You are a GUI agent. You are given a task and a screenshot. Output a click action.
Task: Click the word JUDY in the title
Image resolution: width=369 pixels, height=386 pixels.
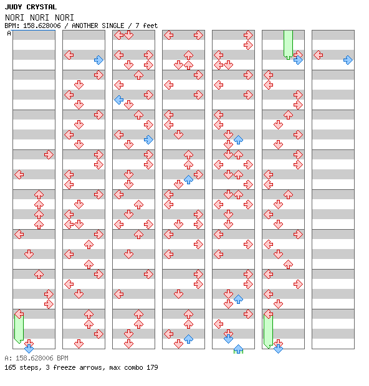click(13, 7)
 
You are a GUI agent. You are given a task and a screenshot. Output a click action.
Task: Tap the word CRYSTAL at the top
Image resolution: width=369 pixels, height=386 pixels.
click(41, 7)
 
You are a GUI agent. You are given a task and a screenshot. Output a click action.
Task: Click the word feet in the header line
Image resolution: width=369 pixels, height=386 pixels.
click(150, 26)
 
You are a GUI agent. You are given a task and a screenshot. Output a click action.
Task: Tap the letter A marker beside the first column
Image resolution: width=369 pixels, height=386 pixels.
click(9, 33)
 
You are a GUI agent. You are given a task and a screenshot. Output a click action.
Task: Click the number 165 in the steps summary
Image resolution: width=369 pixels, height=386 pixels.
click(10, 367)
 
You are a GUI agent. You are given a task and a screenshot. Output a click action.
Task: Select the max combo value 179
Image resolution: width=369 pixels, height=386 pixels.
click(152, 367)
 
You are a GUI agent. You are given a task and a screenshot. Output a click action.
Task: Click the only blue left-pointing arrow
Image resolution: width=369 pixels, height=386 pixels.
click(119, 100)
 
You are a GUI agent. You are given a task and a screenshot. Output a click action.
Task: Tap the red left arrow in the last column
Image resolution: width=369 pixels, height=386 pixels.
click(319, 55)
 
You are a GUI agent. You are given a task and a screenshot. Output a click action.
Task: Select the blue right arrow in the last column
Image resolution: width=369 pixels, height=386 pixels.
click(348, 60)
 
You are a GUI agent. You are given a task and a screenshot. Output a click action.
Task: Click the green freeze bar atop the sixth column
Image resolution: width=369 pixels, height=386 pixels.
click(288, 45)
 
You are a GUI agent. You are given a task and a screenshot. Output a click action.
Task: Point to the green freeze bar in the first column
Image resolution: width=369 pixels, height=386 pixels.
click(19, 328)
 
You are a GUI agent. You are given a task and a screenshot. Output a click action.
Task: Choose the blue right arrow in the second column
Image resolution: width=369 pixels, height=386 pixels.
click(98, 60)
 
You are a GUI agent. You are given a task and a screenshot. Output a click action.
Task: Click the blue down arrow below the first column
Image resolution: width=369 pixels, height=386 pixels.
click(29, 349)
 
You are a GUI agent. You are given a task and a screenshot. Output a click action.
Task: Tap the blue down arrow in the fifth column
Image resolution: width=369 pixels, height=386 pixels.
click(229, 339)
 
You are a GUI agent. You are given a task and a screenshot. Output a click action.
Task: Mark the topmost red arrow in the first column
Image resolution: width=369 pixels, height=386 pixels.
click(49, 155)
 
